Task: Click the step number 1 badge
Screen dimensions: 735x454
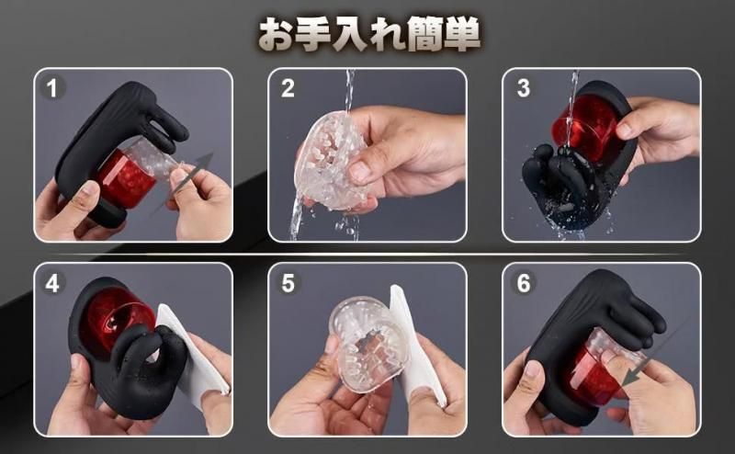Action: pos(52,88)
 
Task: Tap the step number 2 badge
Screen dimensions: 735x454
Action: pos(288,88)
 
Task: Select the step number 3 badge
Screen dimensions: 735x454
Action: pos(523,88)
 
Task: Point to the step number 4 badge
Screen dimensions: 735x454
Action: pos(52,283)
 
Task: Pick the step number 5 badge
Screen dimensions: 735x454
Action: pos(288,283)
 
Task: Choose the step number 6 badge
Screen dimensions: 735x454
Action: pos(523,283)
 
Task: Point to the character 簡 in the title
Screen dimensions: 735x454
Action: pos(424,34)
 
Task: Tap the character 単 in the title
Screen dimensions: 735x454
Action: pos(462,34)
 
